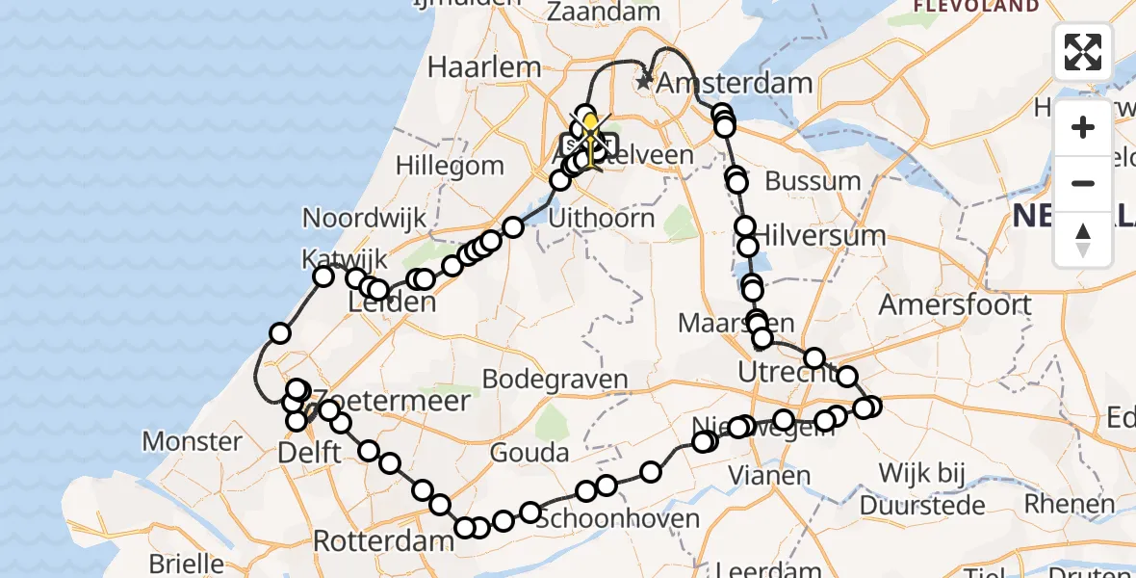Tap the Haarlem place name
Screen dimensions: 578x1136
pos(484,66)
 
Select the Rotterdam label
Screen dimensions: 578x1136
pos(383,541)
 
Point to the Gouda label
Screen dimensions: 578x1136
pos(529,452)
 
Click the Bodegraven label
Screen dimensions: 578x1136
pos(555,379)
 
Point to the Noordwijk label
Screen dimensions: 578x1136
pos(365,218)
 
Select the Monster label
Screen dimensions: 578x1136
pos(193,441)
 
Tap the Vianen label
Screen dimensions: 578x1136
pos(769,475)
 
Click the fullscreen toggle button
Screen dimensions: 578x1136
pos(1083,52)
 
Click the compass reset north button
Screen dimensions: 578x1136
pos(1083,239)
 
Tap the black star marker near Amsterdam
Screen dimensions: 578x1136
pos(645,82)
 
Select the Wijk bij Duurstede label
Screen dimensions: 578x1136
pos(929,488)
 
